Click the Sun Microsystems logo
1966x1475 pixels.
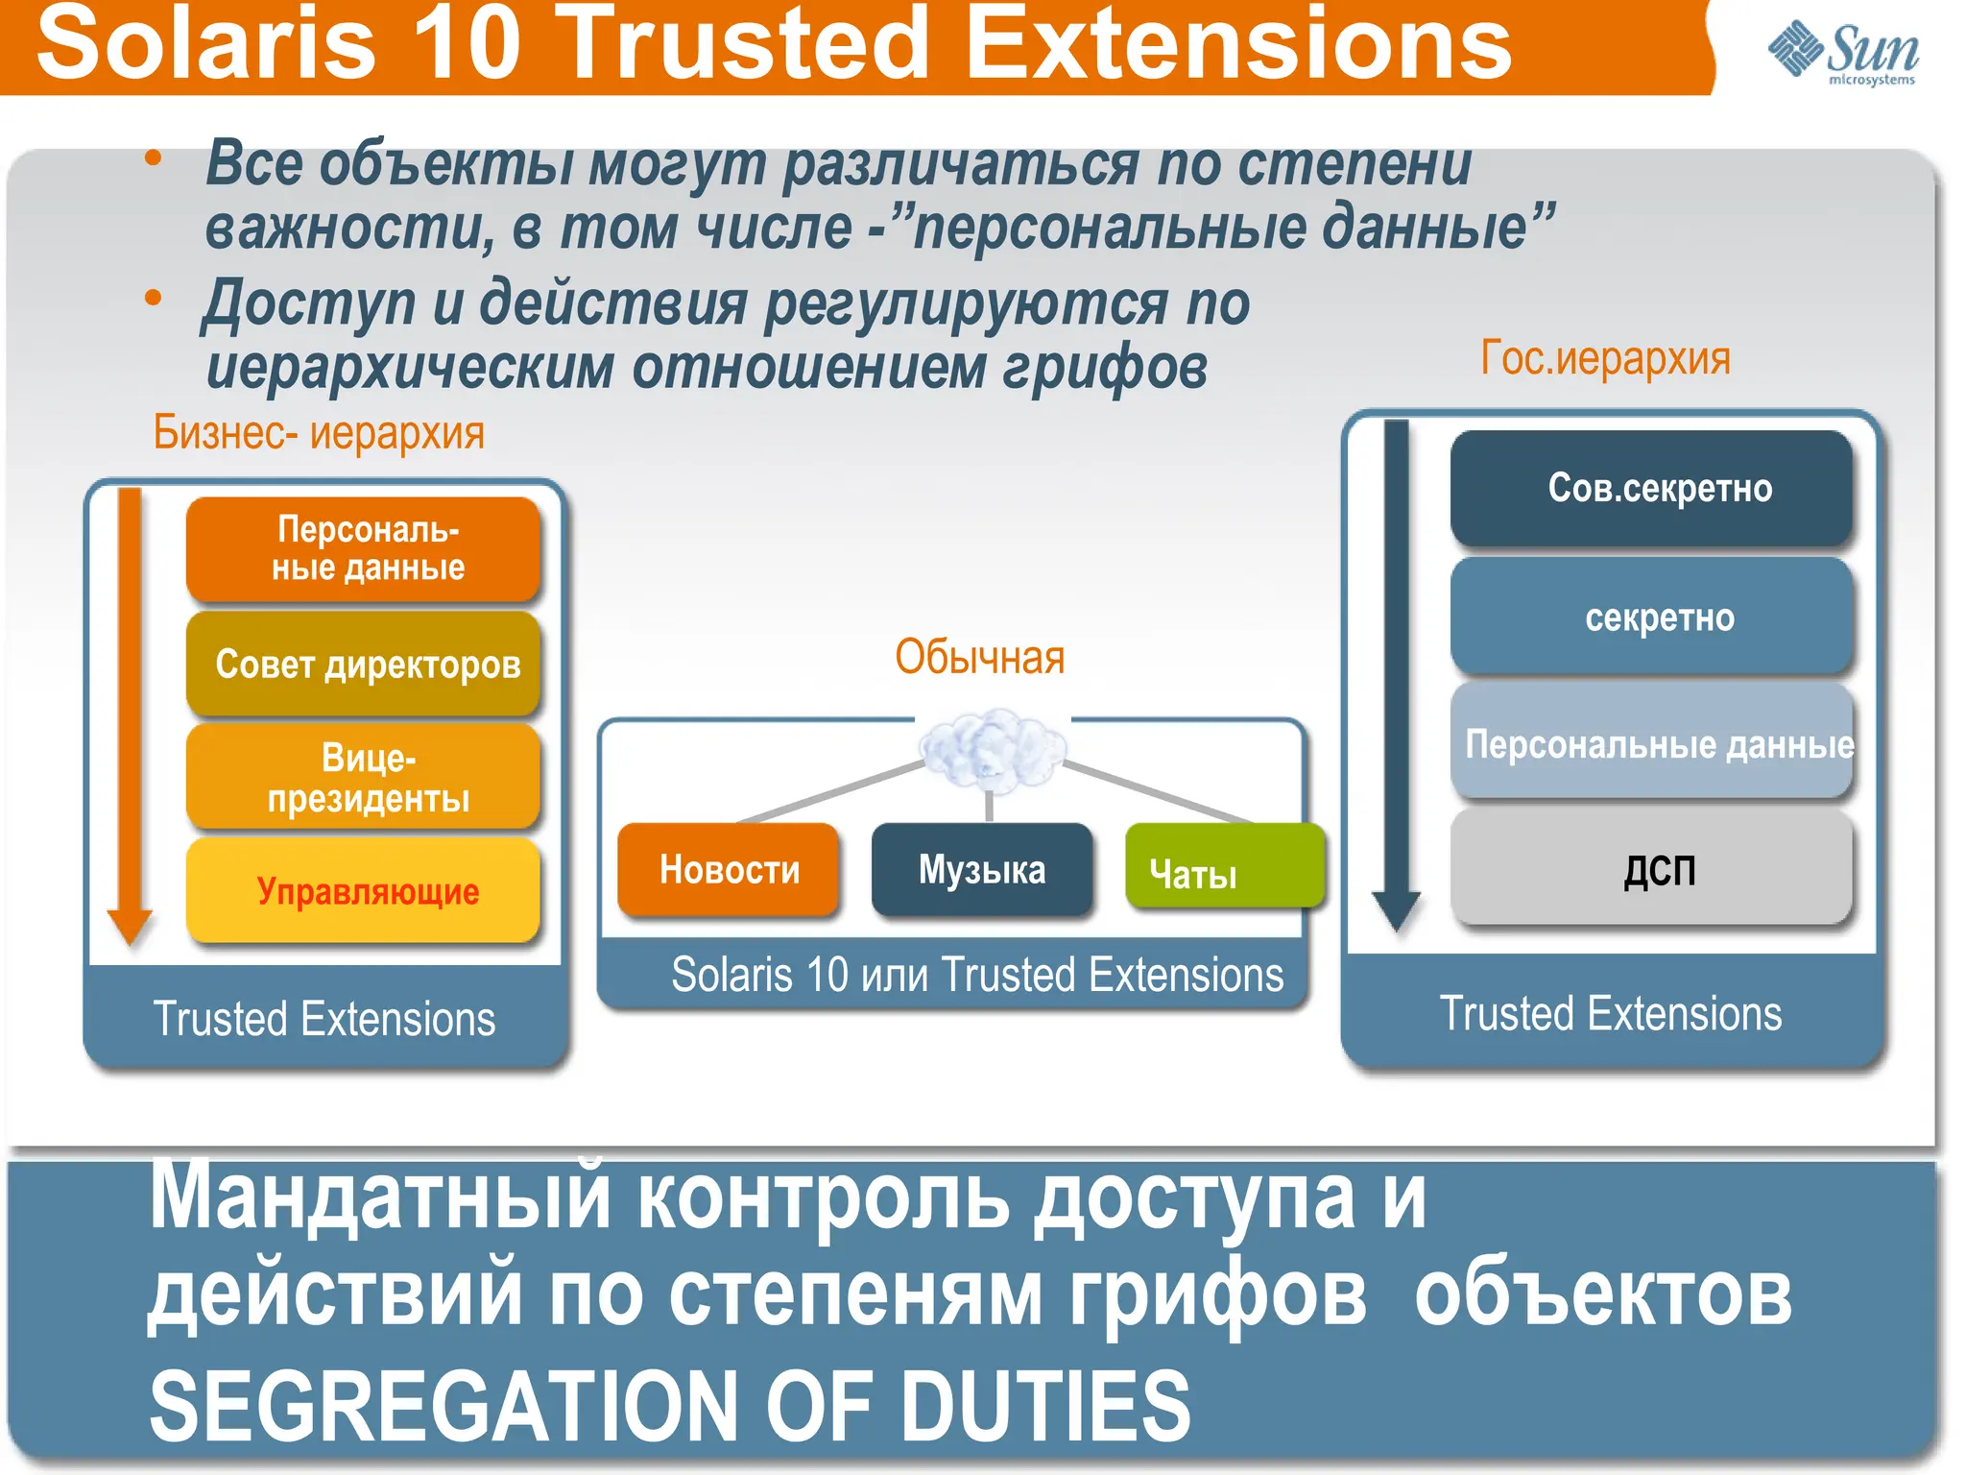click(x=1843, y=52)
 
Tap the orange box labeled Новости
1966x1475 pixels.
click(x=729, y=870)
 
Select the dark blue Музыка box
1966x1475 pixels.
click(x=982, y=870)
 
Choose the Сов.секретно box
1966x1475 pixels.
click(x=1651, y=489)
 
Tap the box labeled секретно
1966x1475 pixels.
click(x=1651, y=617)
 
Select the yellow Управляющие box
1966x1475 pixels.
click(x=365, y=891)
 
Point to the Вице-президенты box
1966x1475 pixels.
click(x=365, y=778)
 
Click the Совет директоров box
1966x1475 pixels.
click(x=365, y=665)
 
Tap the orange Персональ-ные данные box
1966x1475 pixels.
click(x=365, y=549)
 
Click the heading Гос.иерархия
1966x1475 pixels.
click(x=1605, y=359)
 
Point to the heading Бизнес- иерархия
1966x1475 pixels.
click(x=319, y=433)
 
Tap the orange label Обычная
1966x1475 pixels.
click(x=979, y=658)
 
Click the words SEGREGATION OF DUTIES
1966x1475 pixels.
click(x=669, y=1407)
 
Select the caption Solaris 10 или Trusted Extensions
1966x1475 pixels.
click(x=976, y=975)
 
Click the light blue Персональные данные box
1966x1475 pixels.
click(x=1651, y=744)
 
